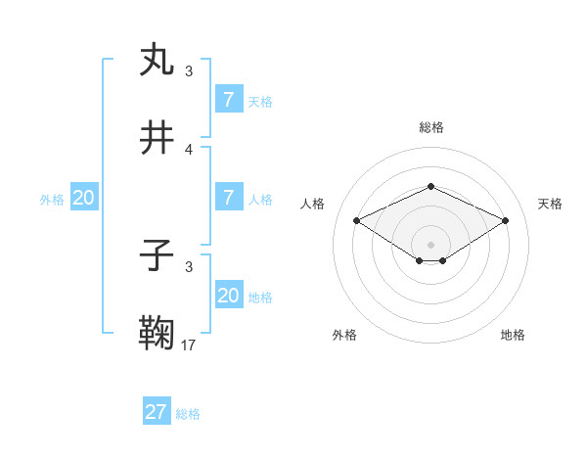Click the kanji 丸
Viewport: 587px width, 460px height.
[158, 60]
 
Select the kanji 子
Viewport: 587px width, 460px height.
[158, 256]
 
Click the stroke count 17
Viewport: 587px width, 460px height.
[189, 345]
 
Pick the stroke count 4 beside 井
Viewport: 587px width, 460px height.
[189, 149]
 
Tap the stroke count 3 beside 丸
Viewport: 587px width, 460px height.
[189, 71]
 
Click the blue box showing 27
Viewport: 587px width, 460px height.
[157, 412]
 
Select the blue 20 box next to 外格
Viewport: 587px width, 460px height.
[83, 198]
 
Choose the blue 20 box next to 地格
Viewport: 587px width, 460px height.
[229, 296]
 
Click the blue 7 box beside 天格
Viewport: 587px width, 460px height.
[229, 100]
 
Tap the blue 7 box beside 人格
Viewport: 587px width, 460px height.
[229, 198]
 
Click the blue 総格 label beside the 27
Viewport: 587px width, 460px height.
[188, 414]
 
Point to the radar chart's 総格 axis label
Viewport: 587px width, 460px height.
[430, 127]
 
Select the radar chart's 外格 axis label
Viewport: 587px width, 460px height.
[344, 336]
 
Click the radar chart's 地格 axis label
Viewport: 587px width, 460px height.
[513, 336]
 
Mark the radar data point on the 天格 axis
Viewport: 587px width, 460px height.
[506, 220]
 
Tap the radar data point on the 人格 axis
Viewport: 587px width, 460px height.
[357, 220]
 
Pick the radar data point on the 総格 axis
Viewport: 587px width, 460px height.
[430, 186]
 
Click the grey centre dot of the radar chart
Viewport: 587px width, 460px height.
[430, 244]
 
